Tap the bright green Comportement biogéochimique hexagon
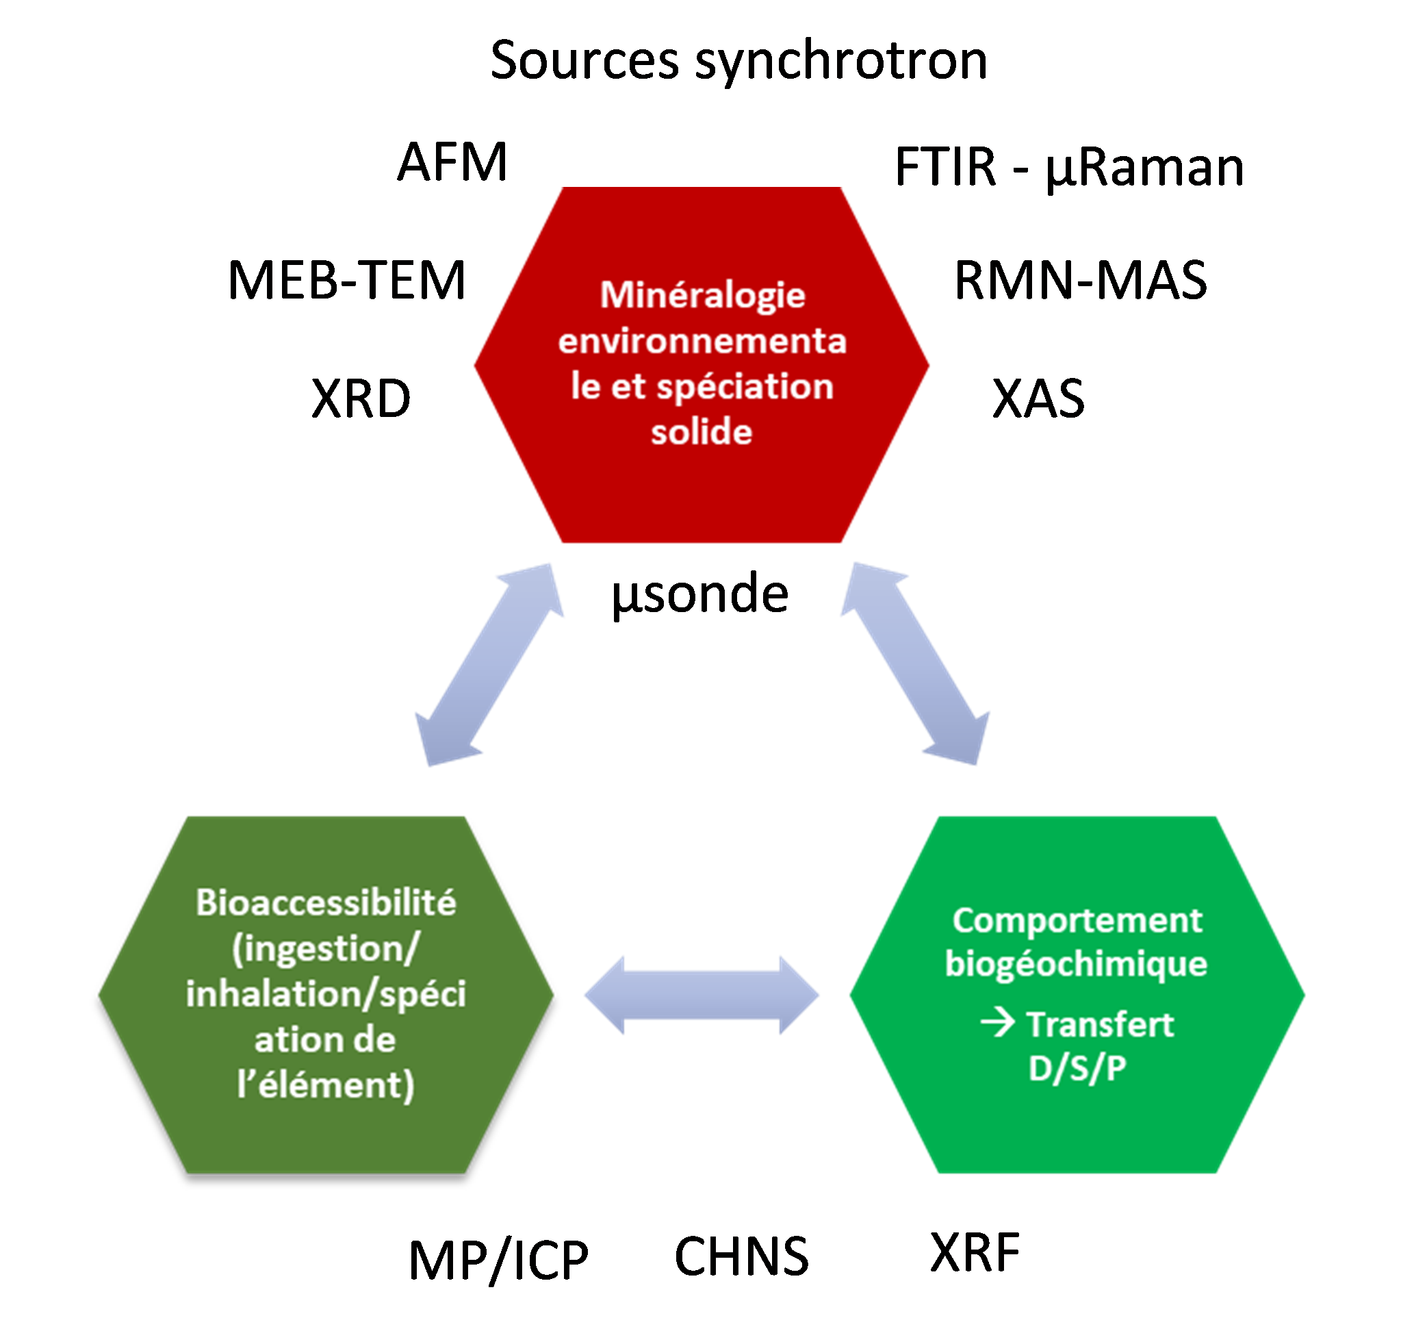coord(1077,1135)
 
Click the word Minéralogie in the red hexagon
coord(702,295)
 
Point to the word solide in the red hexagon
coord(701,431)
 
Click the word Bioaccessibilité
coord(326,902)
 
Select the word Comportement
coord(1077,920)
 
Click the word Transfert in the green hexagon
coord(1101,1024)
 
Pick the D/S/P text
coord(1077,1067)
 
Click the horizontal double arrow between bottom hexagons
coord(701,994)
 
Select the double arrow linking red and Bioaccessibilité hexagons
coord(489,665)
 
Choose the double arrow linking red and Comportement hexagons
coord(915,665)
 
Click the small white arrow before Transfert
coord(997,1023)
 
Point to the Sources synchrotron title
coord(738,60)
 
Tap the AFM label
coord(452,162)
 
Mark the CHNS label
coord(742,1256)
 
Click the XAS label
coord(1038,398)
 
